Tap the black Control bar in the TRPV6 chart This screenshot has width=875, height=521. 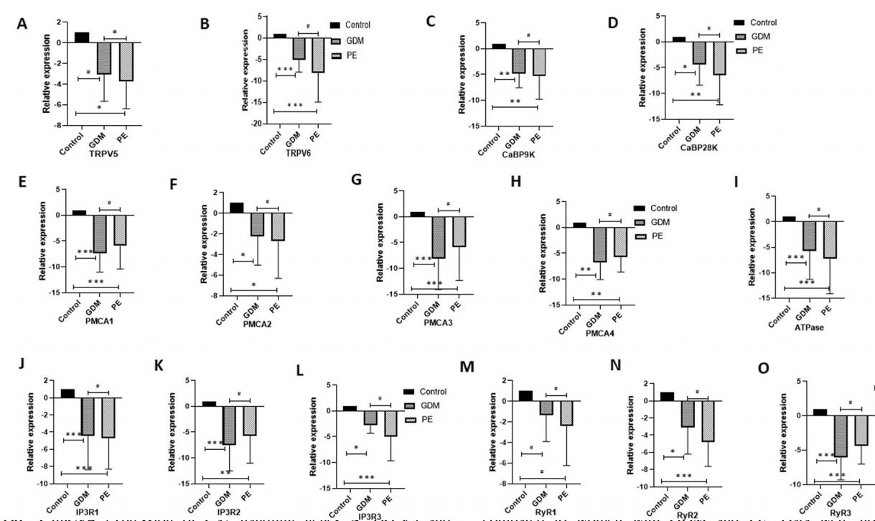pyautogui.click(x=279, y=35)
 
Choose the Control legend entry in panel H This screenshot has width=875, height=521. pyautogui.click(x=663, y=208)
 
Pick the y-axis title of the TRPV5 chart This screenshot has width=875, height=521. pyautogui.click(x=45, y=76)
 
